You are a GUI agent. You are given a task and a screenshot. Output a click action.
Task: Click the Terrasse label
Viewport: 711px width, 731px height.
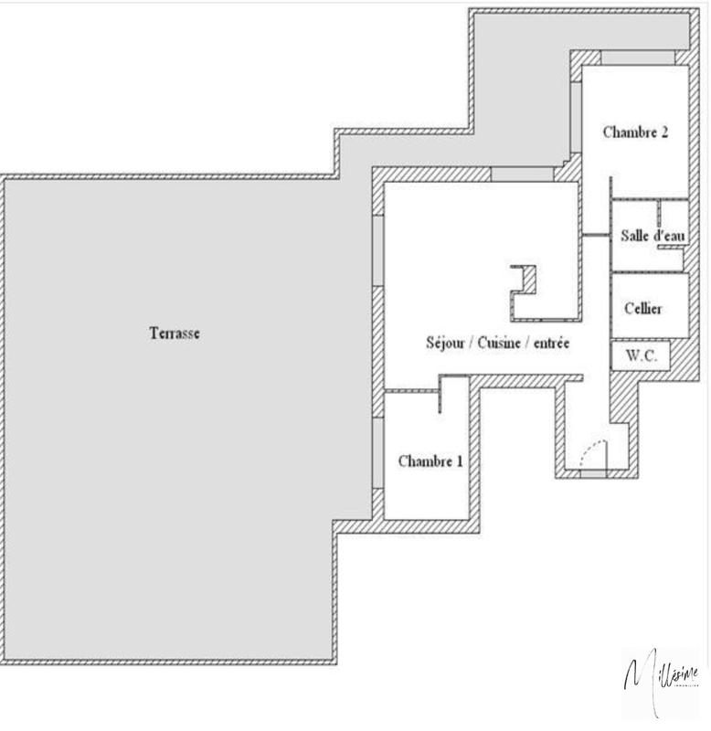point(174,334)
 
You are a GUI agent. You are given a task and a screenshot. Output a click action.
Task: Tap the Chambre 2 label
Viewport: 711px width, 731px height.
point(635,132)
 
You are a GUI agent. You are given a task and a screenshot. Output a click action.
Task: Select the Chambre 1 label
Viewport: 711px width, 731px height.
point(430,461)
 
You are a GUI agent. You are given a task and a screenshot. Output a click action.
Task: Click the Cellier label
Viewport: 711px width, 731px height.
point(643,308)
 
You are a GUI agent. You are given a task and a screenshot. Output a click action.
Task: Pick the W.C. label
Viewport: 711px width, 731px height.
point(642,356)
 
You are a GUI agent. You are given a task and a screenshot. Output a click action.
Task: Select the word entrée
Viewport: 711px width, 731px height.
point(550,344)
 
